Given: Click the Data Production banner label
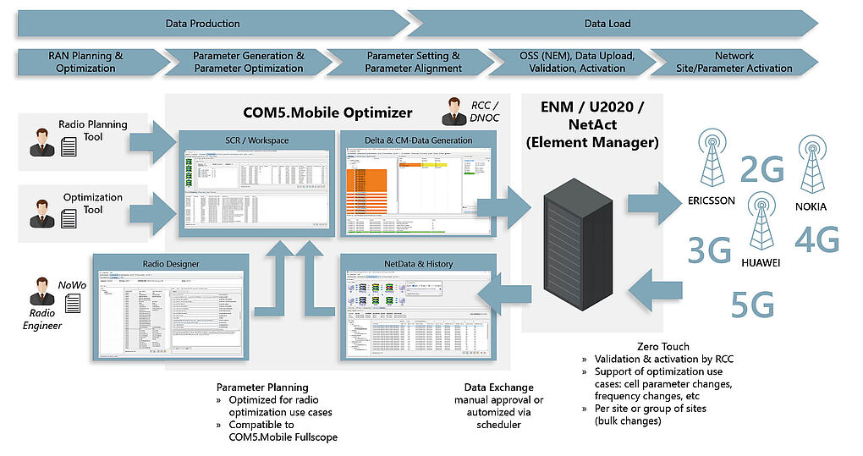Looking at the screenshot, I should (x=202, y=24).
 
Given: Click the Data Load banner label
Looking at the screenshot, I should (x=607, y=24).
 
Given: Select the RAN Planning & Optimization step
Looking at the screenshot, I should (x=85, y=62).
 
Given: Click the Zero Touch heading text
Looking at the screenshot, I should (x=664, y=346).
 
